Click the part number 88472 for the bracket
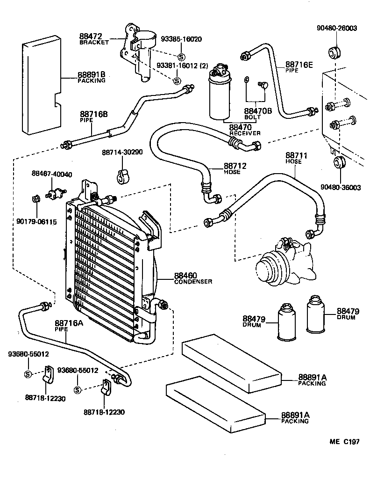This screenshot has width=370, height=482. click(90, 36)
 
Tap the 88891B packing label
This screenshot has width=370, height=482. click(91, 74)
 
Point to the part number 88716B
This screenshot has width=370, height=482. click(93, 114)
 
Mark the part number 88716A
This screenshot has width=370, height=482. click(68, 323)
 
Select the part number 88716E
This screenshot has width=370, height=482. click(299, 64)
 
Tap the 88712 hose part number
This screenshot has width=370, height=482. click(235, 166)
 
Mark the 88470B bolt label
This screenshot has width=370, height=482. click(257, 111)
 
